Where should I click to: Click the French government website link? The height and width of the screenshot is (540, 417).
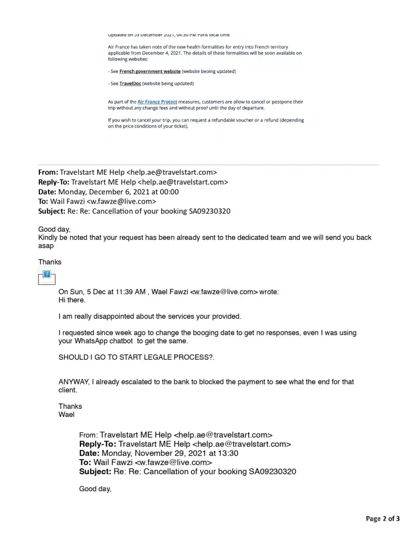pyautogui.click(x=150, y=71)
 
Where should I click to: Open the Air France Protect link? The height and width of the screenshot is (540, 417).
pyautogui.click(x=158, y=102)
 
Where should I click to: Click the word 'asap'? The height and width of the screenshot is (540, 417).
pyautogui.click(x=46, y=246)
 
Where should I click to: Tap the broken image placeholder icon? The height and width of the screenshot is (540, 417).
pyautogui.click(x=46, y=276)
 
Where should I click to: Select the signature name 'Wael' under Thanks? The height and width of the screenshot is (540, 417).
pyautogui.click(x=66, y=415)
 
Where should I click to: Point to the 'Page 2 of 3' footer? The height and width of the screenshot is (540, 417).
pyautogui.click(x=383, y=519)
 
